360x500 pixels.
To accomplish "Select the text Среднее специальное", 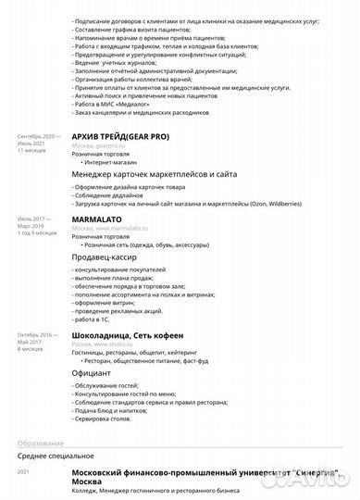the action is point(56,456).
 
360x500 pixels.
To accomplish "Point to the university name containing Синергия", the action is point(205,474).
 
